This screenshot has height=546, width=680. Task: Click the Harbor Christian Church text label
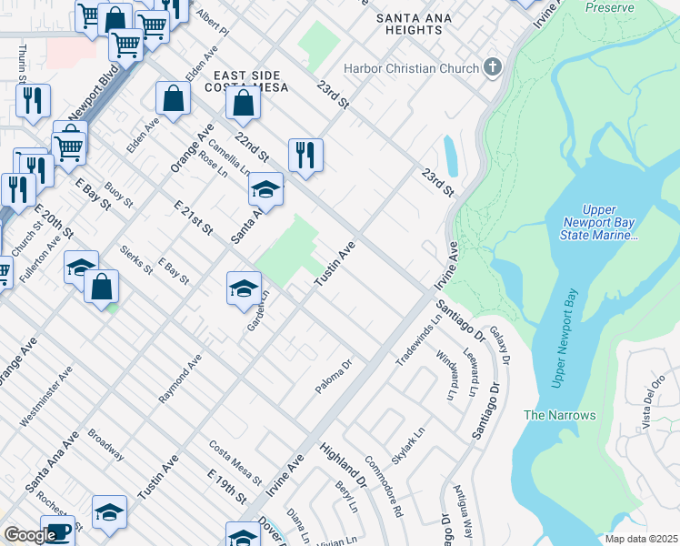coord(410,68)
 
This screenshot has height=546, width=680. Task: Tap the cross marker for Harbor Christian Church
coord(493,67)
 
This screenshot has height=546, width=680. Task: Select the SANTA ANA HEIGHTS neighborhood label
coord(413,22)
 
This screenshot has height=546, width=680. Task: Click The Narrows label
coord(559,415)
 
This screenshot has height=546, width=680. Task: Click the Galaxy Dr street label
coord(498,343)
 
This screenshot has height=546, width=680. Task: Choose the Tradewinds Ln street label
coord(417,340)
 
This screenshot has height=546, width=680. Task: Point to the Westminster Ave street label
coord(46,397)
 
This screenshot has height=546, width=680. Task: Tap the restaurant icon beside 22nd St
coord(306,155)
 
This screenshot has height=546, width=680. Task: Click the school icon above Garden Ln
coord(244,288)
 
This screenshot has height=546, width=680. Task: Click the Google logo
coord(30,534)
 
